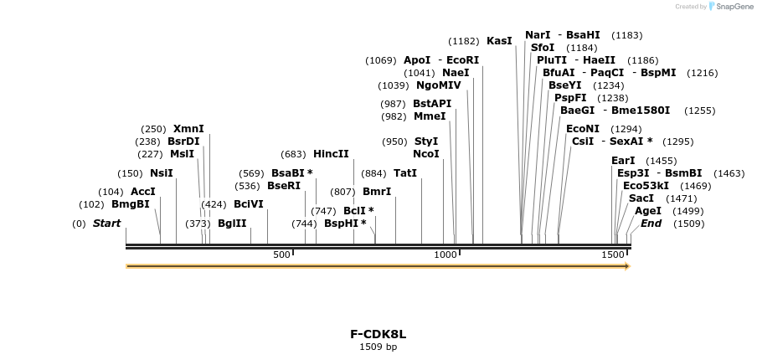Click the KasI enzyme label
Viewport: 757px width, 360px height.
(x=499, y=41)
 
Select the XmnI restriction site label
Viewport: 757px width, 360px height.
(x=188, y=129)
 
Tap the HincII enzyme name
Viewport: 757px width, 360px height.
(x=331, y=154)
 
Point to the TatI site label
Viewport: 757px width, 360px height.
(x=405, y=173)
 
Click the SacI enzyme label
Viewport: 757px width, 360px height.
(x=641, y=198)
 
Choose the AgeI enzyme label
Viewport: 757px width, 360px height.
(x=647, y=211)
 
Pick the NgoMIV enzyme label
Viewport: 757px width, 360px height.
(x=438, y=85)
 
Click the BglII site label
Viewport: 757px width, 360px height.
(x=232, y=224)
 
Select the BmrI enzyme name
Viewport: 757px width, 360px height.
(x=377, y=192)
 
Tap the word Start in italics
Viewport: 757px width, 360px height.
(x=106, y=224)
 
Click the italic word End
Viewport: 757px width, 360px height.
(x=651, y=224)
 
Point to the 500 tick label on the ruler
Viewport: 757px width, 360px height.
(x=281, y=255)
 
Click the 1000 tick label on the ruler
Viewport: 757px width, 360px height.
(x=446, y=255)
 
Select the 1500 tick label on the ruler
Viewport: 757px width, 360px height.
(x=612, y=255)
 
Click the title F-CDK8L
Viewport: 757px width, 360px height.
(x=378, y=334)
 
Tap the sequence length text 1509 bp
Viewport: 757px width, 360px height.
(x=378, y=347)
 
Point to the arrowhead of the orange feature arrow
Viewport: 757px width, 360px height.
(x=626, y=266)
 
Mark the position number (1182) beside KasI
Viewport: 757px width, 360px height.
(x=464, y=41)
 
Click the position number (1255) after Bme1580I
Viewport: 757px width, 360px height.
(x=699, y=111)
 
